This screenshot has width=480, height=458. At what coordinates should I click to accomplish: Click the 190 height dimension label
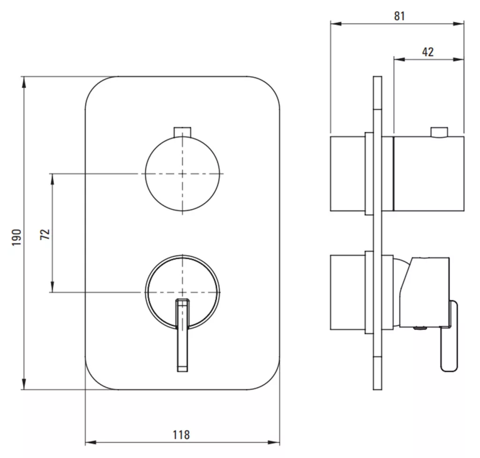(x=16, y=237)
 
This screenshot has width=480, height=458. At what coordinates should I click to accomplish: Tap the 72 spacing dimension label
(x=45, y=234)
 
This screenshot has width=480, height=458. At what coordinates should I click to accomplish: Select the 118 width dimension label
(x=181, y=435)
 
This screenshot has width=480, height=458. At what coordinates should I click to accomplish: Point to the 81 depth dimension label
(x=399, y=15)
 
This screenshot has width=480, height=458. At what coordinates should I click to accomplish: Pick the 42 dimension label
(x=427, y=52)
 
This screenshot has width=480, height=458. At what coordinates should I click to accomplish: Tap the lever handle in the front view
(x=182, y=335)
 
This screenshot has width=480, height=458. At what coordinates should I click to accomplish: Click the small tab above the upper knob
(x=182, y=132)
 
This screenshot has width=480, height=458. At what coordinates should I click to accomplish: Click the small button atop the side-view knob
(x=439, y=132)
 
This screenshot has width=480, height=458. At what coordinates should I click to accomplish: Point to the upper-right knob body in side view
(x=428, y=174)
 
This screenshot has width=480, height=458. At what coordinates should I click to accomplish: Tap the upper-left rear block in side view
(x=348, y=174)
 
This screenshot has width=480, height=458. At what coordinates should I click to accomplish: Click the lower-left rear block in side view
(x=348, y=292)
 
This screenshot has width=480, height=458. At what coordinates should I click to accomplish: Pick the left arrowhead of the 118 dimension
(x=90, y=443)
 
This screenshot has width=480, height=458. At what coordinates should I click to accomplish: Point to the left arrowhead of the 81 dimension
(x=336, y=23)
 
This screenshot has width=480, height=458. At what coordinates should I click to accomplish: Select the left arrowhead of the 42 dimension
(x=399, y=60)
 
